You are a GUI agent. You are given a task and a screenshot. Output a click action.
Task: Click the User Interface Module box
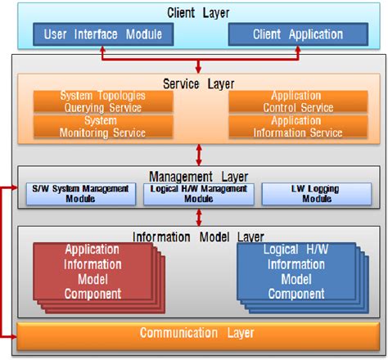pyautogui.click(x=103, y=35)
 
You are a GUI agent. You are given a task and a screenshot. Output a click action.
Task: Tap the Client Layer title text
pyautogui.click(x=197, y=13)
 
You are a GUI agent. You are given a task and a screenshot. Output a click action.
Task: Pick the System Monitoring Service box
pyautogui.click(x=103, y=126)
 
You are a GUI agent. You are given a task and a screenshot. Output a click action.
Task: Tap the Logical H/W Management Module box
pyautogui.click(x=197, y=193)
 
